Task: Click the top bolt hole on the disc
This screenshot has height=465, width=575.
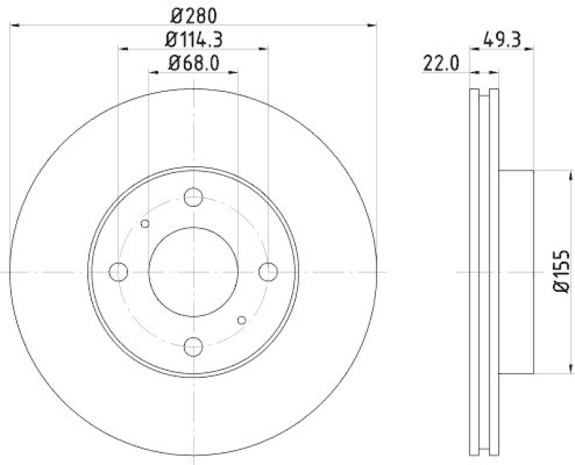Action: (193, 197)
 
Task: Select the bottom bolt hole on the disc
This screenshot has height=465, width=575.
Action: (193, 346)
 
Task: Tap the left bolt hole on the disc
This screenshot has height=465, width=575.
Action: (118, 272)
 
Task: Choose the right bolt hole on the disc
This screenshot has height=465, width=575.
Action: (267, 272)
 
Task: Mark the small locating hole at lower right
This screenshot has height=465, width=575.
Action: (241, 320)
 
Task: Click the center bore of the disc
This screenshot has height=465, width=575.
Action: (193, 272)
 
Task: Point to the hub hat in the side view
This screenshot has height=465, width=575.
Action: (516, 272)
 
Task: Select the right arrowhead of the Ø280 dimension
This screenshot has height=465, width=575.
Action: (372, 25)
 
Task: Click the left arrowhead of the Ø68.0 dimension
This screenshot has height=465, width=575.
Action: (152, 73)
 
